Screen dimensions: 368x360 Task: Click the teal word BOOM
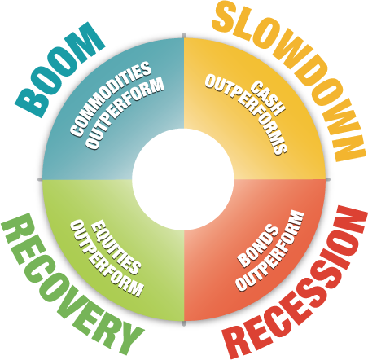tap(59, 69)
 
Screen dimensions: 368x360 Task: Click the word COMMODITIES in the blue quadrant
tap(111, 99)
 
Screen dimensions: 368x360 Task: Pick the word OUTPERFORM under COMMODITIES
tap(125, 113)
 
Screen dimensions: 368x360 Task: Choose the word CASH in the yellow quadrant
tap(267, 99)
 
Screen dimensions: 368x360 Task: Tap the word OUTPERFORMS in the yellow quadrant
tap(246, 115)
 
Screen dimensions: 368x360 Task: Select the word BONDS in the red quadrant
tap(258, 246)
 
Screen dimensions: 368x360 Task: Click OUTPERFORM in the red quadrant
tap(269, 250)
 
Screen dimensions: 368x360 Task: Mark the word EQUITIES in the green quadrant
tap(116, 247)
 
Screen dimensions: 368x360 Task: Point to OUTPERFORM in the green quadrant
tap(107, 258)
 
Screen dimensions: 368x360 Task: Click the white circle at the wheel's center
tap(183, 179)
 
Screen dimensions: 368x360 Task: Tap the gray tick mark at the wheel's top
tap(184, 36)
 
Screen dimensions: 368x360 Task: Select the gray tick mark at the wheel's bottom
tap(184, 323)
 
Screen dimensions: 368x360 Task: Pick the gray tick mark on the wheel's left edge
tap(40, 179)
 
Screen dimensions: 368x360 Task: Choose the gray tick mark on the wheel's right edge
tap(328, 179)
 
